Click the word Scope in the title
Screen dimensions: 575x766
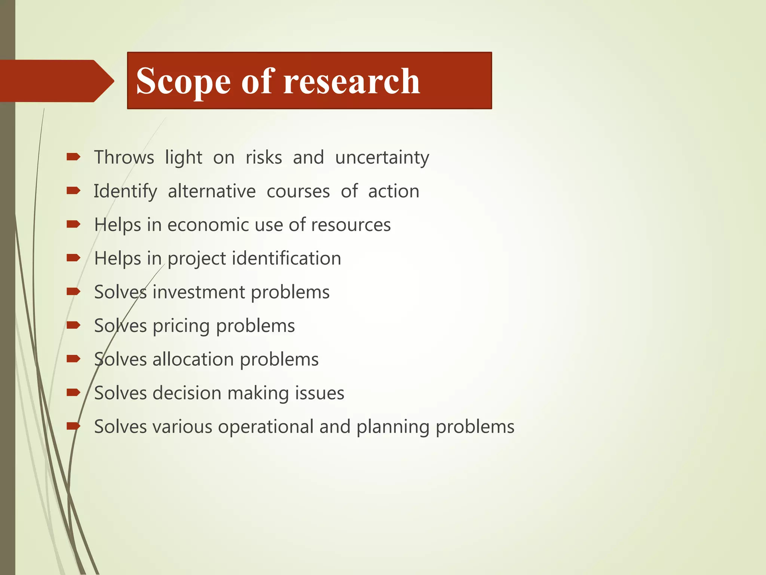(183, 82)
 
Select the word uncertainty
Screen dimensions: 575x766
(382, 158)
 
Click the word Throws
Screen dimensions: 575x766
(124, 157)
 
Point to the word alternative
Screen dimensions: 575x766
(212, 191)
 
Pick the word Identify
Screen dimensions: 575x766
(125, 192)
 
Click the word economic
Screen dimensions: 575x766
(208, 225)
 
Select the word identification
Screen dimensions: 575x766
(287, 259)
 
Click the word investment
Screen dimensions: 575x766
(199, 292)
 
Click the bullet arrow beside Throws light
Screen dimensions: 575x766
(73, 157)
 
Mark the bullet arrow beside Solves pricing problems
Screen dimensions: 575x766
(73, 325)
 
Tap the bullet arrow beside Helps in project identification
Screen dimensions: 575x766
(73, 258)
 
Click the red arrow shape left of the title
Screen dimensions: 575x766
(56, 81)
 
